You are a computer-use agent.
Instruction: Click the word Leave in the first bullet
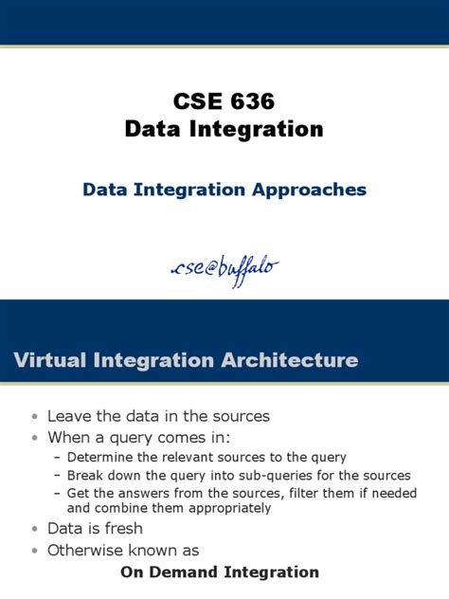click(x=69, y=416)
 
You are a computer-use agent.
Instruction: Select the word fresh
click(x=122, y=529)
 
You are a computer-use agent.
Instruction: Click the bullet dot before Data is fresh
click(x=35, y=529)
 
